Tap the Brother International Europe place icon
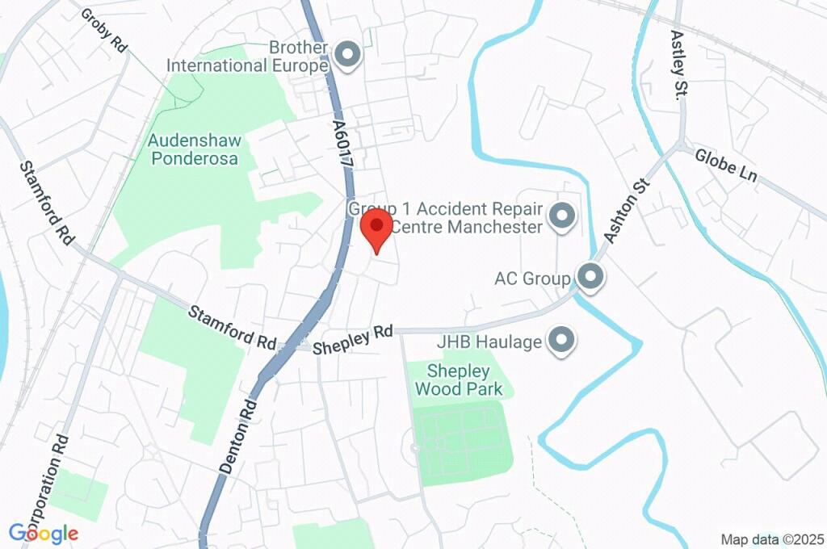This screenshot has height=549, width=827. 349,55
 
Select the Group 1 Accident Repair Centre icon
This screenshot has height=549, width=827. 561,216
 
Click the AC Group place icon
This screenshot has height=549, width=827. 591,277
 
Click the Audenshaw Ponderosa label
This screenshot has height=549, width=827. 194,149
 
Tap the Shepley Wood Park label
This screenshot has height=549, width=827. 459,380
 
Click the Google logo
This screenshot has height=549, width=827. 44,533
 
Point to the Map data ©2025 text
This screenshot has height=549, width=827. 771,539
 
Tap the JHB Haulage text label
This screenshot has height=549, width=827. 489,342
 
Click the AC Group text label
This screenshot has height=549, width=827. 533,279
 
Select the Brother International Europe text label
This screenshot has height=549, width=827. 247,57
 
